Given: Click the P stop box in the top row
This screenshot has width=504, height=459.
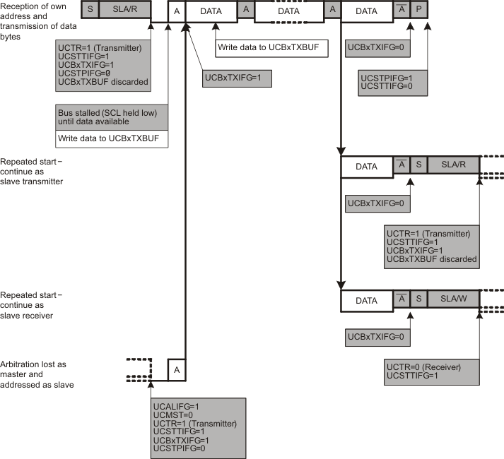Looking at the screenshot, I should coord(420,10).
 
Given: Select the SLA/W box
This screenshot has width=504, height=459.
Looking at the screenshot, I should coord(453,300).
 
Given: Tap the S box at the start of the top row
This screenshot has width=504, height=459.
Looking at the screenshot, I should coord(90,10).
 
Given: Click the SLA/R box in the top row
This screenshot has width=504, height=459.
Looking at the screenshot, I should coord(124,10).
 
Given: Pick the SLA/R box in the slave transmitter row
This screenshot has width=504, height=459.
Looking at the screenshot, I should coord(453,167).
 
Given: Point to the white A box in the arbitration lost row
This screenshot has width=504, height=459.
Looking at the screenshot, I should coord(176,369).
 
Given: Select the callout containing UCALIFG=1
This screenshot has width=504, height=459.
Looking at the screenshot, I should coord(199,427).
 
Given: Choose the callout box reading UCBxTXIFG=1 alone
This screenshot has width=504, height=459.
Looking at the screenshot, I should coord(237,76).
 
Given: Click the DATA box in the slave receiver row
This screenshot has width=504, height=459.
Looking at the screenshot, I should coord(366,300).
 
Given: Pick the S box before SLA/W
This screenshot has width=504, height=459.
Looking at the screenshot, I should coord(418,300).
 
